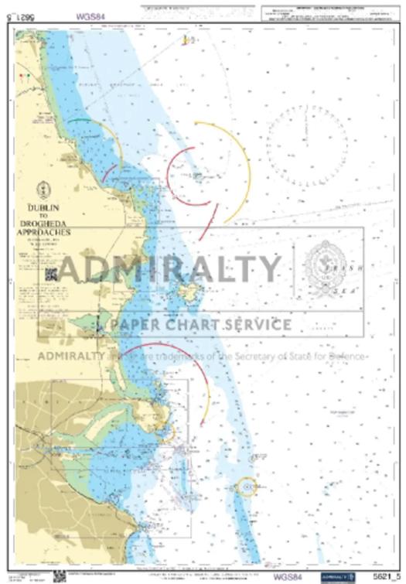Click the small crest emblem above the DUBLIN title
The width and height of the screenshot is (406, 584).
coord(44,188)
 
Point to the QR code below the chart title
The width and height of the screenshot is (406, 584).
coord(51,273)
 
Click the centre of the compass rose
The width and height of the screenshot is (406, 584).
coord(307,143)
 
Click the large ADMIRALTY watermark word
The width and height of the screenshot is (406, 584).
coord(170,269)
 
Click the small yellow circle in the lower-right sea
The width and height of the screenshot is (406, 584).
coord(247,487)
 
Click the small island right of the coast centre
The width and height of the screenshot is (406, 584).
coord(188,292)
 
